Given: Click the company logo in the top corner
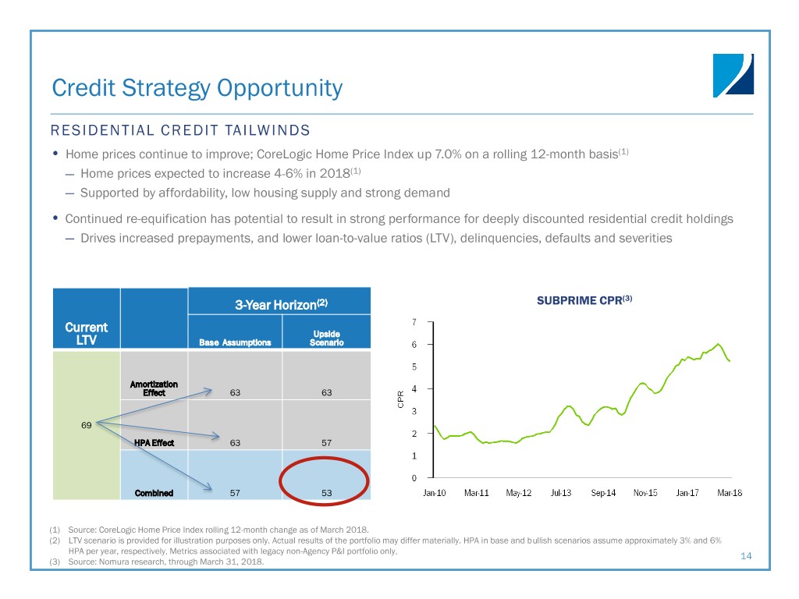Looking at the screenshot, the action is point(733,76).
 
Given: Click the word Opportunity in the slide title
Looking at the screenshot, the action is point(280,89).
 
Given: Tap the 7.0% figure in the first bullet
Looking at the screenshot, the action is point(448,154).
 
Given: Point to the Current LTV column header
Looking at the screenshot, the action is point(86,334).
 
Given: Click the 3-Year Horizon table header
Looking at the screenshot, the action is point(281,305).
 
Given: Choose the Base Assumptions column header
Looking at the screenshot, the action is point(235,342).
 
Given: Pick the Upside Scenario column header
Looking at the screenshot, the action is point(327,338).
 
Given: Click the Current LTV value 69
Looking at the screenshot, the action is point(86,425).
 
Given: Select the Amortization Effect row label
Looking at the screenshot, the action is point(154,388).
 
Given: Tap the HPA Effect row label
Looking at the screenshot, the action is point(154,443).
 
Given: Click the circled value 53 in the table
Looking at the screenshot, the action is point(327,493).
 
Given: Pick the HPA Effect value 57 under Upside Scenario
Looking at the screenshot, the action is point(327,443).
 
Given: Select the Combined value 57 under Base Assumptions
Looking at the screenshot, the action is point(235,493).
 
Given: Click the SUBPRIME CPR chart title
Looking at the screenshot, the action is point(584,300).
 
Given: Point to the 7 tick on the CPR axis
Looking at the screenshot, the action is point(414,322).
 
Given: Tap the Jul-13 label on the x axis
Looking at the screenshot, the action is point(561,493).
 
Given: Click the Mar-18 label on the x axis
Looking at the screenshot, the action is point(730,493).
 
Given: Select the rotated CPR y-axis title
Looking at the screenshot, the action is point(400,399).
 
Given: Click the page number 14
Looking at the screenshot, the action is point(746,555).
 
